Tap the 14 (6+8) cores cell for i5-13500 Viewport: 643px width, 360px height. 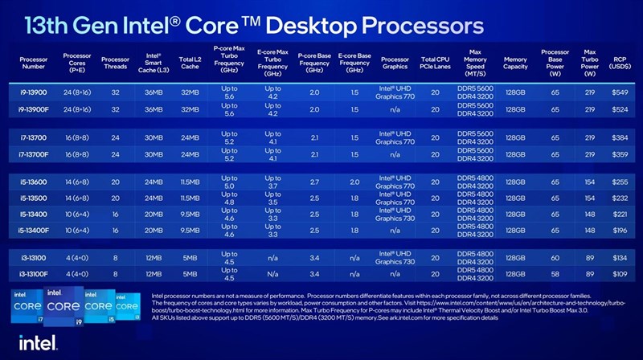77,198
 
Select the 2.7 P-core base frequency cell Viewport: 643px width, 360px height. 314,182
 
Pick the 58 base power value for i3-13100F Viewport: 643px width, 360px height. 555,275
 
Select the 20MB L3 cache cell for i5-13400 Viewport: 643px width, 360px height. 154,214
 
